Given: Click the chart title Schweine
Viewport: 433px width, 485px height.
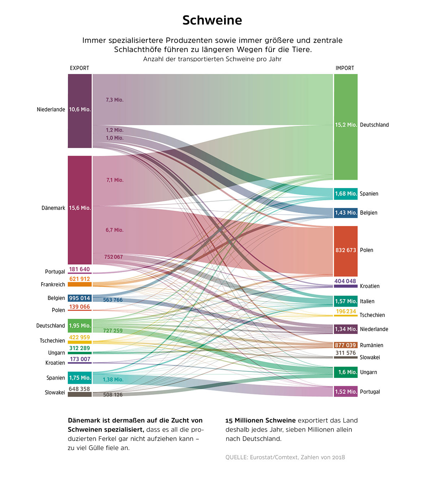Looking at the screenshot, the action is (212, 20).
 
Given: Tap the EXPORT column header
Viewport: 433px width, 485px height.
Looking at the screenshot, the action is (79, 68).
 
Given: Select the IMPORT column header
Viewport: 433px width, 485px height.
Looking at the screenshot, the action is (345, 68).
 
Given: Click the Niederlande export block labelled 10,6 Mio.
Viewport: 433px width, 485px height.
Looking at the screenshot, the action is (80, 111).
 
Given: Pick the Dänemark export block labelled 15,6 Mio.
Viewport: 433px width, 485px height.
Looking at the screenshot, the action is (80, 210).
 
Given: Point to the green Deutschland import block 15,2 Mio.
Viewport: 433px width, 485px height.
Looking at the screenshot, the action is (346, 127).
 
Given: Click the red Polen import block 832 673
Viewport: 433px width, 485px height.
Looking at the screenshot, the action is (346, 251).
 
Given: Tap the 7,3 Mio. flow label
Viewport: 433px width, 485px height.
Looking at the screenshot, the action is (115, 100).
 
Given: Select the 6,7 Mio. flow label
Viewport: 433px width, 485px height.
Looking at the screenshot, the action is (115, 230).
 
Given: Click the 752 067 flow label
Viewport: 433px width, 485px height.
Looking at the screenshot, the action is (113, 257).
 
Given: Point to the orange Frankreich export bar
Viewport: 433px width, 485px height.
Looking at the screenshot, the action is (80, 284).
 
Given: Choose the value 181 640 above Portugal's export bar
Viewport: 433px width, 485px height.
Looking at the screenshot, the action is (79, 269).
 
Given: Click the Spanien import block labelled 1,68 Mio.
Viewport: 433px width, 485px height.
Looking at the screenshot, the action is (346, 194).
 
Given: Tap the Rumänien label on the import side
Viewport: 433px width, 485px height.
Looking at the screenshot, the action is (372, 345).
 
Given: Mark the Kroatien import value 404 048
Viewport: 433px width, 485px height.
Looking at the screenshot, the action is (345, 281).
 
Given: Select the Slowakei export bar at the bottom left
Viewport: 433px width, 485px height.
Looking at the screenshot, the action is (80, 394).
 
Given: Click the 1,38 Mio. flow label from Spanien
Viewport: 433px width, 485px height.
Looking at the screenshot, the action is (113, 380).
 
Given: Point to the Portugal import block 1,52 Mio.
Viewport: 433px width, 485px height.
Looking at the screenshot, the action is (346, 392).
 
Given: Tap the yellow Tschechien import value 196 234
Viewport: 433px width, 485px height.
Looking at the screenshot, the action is (346, 311).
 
